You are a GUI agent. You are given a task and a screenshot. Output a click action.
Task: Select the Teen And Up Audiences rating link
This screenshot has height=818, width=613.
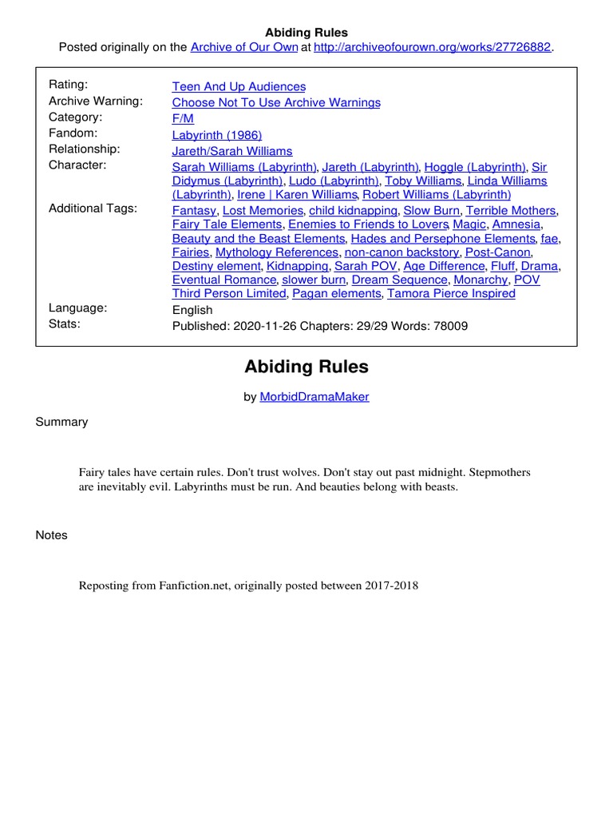239,86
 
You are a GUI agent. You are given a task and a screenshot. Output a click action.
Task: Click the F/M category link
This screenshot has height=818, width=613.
183,118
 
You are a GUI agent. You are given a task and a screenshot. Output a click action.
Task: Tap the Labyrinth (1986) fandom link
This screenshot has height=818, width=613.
217,135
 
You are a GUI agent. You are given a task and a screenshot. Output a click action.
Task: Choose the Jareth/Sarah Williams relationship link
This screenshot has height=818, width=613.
232,151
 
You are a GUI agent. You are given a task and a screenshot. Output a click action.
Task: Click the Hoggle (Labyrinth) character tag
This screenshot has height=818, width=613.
475,167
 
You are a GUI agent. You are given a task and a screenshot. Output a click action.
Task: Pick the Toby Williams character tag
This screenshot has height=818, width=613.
423,181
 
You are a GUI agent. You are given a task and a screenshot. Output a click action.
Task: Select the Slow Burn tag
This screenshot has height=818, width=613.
431,210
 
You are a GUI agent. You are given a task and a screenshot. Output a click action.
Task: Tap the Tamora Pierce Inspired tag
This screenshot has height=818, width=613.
451,293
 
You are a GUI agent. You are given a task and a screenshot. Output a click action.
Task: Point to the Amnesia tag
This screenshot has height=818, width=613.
516,224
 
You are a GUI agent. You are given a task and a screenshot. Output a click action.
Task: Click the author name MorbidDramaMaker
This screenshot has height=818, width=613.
314,396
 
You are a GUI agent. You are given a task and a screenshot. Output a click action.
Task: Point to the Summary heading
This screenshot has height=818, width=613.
61,422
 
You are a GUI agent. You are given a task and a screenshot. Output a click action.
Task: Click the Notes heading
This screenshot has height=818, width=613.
52,535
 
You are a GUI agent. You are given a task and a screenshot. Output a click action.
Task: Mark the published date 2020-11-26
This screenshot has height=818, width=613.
261,326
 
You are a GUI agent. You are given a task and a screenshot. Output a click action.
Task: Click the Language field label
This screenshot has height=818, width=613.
78,308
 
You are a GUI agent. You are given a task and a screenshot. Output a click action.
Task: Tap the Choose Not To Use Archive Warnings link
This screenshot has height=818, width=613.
276,102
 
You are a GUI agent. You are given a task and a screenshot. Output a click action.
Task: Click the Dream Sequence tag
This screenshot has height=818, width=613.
399,280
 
